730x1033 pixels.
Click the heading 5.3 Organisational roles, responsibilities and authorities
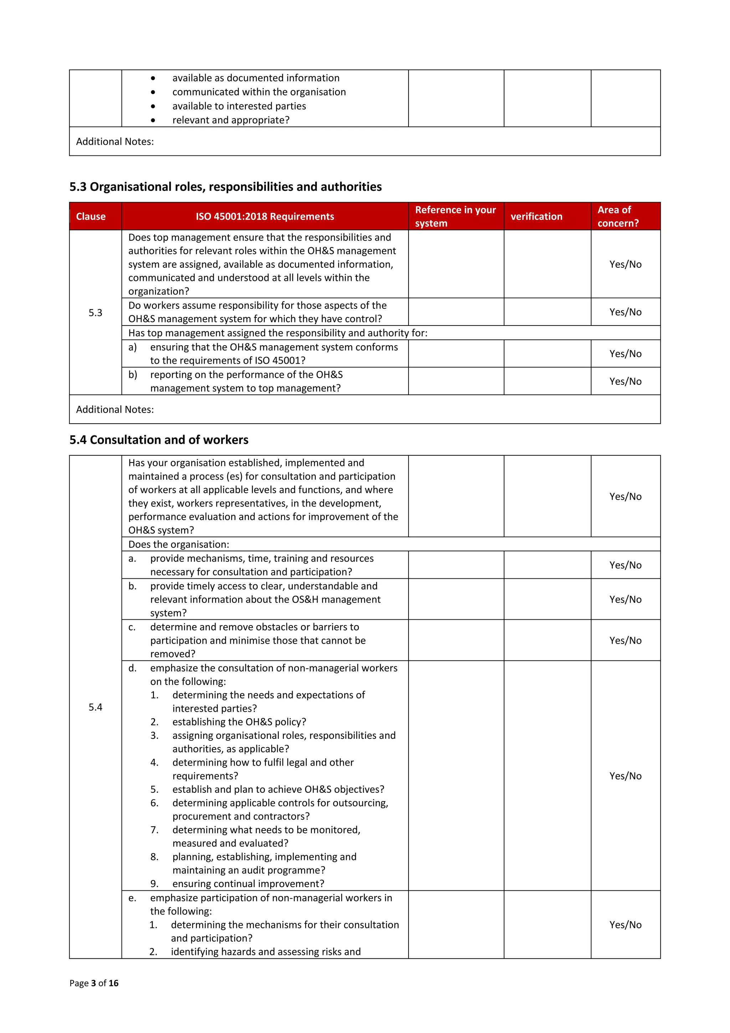(x=225, y=187)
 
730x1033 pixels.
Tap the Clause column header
(x=91, y=216)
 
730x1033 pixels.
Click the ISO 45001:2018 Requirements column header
(x=264, y=216)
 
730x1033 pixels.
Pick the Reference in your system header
(x=455, y=216)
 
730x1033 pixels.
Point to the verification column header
(x=536, y=216)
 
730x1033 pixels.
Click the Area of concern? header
(x=618, y=216)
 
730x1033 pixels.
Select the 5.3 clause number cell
(x=96, y=313)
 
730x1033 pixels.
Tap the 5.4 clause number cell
(x=96, y=707)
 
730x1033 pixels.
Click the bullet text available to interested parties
(x=239, y=106)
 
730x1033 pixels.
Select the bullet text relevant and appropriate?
(x=231, y=120)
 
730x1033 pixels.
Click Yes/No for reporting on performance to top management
(x=625, y=381)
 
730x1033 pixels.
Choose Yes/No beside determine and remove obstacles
(x=625, y=640)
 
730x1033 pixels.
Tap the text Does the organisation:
(x=179, y=544)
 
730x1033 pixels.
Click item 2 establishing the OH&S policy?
(x=239, y=722)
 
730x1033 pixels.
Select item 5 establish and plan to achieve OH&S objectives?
(x=278, y=789)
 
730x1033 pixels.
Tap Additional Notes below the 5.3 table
(x=115, y=409)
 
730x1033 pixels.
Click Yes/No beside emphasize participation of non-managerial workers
(x=625, y=925)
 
